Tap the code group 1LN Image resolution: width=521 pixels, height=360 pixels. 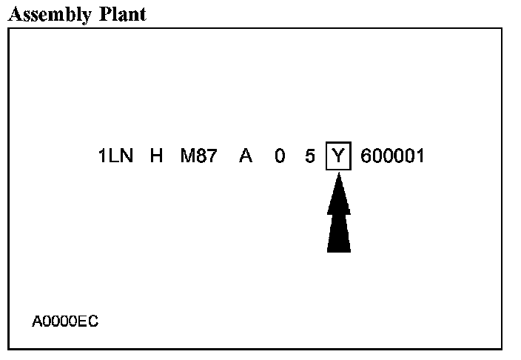[x=115, y=157]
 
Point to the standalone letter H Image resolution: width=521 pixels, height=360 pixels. [x=155, y=157]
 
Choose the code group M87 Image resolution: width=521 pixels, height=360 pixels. [x=198, y=157]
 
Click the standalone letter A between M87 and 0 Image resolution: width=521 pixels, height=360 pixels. [x=245, y=157]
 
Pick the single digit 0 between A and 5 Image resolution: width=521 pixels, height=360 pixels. [x=279, y=157]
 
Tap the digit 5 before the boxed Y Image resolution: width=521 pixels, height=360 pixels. [x=309, y=157]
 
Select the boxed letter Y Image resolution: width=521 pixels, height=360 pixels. [x=338, y=157]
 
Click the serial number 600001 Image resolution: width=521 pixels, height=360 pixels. [x=392, y=157]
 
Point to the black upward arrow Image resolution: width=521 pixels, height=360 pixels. [x=338, y=215]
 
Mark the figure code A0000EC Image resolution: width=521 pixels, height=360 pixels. [x=65, y=321]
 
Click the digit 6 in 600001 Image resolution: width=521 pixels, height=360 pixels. [x=366, y=157]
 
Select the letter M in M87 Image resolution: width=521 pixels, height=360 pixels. [x=187, y=157]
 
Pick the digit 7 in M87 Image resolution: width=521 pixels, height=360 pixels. [x=211, y=157]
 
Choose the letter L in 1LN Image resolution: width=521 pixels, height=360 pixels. [x=114, y=157]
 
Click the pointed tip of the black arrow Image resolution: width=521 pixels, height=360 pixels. [x=338, y=175]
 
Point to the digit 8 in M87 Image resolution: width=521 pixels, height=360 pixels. [x=200, y=157]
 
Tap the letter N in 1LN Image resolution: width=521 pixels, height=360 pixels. [x=126, y=157]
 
